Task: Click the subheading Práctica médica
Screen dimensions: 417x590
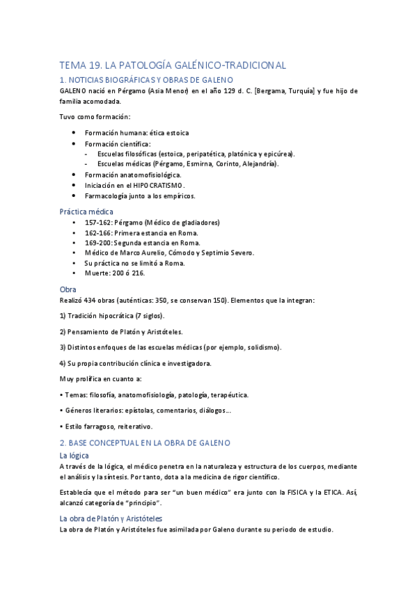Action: pos(86,212)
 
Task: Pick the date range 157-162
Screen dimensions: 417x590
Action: pos(97,223)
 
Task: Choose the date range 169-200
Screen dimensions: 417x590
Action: pos(97,243)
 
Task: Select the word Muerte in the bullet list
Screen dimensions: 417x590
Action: pos(97,273)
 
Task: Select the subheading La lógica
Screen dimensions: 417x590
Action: pos(75,455)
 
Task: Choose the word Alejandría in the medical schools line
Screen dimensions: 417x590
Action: pos(256,164)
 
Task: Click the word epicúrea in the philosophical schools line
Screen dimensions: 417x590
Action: pos(278,154)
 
